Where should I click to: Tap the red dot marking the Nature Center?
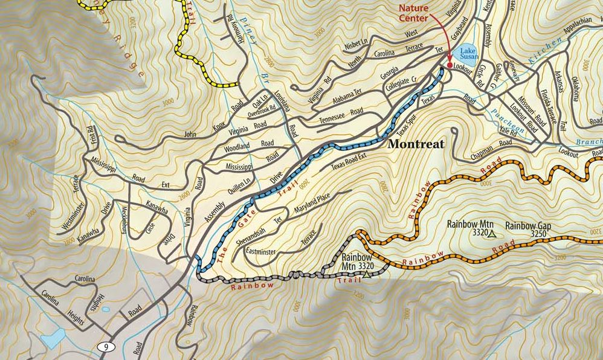point(450,65)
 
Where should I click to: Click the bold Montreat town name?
point(416,144)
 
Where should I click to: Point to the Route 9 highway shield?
point(106,347)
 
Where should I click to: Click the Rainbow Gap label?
point(526,225)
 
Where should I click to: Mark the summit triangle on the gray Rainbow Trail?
point(366,275)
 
